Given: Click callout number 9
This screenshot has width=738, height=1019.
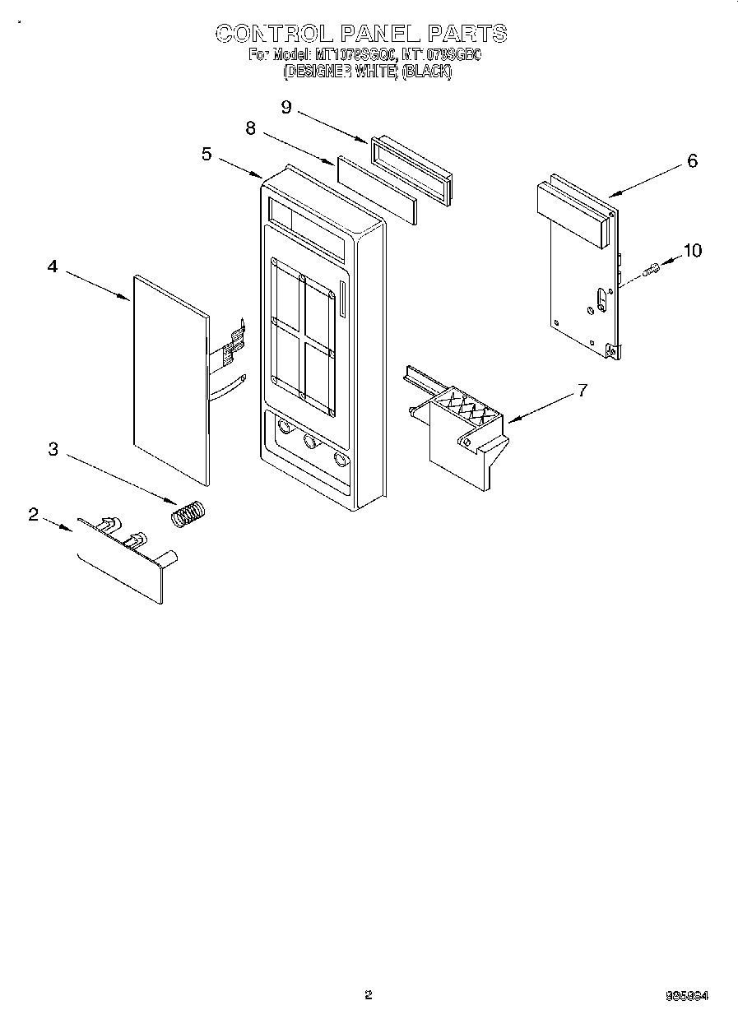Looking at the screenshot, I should coord(286,107).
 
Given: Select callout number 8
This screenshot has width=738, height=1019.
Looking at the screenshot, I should coord(250,128).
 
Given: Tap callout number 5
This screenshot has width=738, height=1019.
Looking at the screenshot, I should coord(207,153).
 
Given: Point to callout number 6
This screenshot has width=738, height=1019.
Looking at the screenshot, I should coord(692,161).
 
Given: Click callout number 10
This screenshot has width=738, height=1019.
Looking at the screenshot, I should coord(693,250).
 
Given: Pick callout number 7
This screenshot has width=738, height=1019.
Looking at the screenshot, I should coord(583,390).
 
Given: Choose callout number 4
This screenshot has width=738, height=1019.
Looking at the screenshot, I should coord(52,266).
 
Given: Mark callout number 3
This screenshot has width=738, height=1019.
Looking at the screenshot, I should coord(53,448).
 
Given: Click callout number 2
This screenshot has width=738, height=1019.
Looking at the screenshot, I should coord(33,514).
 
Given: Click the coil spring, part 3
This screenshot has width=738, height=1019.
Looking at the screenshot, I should coord(190,514).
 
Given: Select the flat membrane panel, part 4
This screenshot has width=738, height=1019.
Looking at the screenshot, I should coord(169,378).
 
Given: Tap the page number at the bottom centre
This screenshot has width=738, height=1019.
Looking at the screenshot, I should coord(369,994).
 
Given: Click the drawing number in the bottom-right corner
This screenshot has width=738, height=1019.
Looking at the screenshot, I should coord(687,995).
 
